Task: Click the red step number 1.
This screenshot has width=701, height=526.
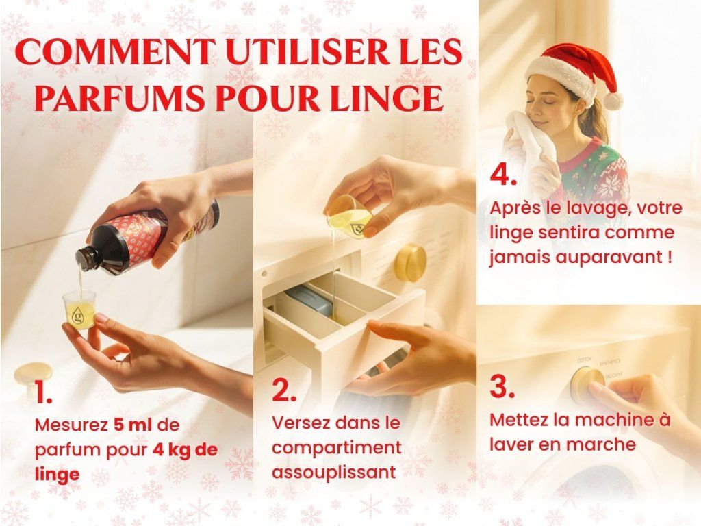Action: pos(43,393)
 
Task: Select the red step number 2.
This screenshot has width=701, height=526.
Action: pos(283,390)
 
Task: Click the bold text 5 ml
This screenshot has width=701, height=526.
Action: pos(133,425)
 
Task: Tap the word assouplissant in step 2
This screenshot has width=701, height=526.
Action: pos(334,473)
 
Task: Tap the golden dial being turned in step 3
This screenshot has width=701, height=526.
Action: pos(586,386)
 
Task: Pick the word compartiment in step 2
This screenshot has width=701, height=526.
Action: pos(337,448)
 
